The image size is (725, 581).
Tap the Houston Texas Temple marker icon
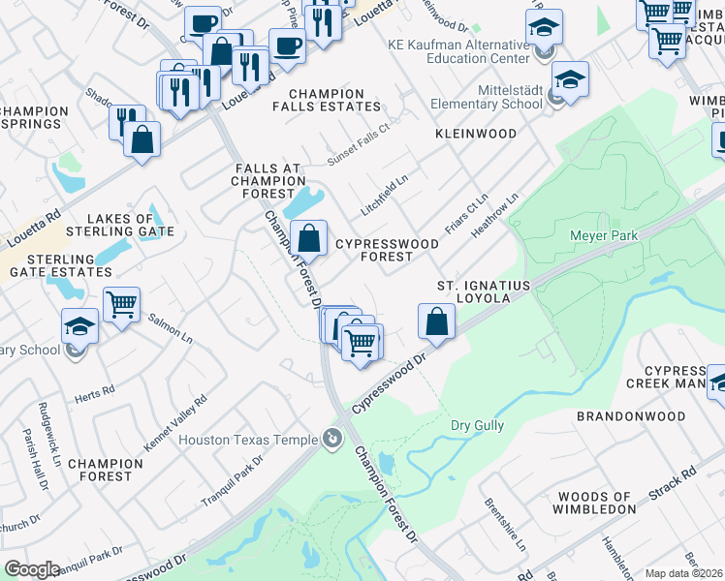coord(333,440)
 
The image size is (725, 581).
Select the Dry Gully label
coord(475,425)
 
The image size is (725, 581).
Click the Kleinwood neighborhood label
coord(476,133)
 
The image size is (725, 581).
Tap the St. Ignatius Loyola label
coord(473,292)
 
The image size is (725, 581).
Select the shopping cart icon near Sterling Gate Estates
coord(122,305)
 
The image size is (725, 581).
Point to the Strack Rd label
coord(673,489)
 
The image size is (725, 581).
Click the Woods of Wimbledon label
coord(593,502)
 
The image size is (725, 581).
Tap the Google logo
coord(32,568)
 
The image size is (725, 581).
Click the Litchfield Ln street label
coord(384,190)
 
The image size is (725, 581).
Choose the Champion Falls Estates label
coord(325,101)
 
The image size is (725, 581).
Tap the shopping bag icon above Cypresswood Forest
coord(309,237)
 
